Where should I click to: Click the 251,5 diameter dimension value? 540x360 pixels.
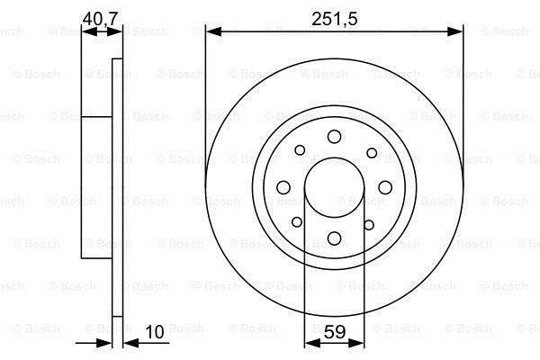[334, 19]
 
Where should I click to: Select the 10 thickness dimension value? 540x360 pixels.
[155, 332]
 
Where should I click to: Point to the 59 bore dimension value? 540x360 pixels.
[335, 332]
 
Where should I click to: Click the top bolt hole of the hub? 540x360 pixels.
[334, 137]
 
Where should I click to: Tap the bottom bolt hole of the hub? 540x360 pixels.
[334, 238]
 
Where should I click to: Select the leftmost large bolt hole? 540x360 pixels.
[283, 187]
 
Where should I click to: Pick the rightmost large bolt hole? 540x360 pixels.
[385, 187]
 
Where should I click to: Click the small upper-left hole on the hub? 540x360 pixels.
[300, 150]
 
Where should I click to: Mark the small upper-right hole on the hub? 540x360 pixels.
[372, 153]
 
